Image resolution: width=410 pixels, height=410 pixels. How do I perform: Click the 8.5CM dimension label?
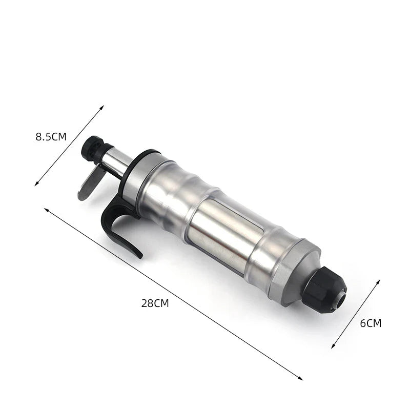click(x=51, y=137)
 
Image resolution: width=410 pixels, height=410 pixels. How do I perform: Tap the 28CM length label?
click(x=155, y=303)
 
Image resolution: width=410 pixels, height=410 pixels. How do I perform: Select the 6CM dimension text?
click(x=371, y=323)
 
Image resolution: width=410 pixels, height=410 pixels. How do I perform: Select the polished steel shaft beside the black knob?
click(x=117, y=161)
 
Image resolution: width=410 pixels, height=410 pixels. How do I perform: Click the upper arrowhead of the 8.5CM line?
click(x=102, y=107)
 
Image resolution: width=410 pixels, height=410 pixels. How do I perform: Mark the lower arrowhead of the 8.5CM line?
click(x=36, y=184)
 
